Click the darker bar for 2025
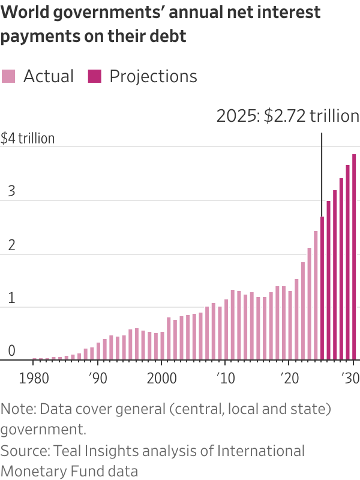click(322, 288)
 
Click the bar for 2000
click(162, 346)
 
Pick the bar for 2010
click(226, 329)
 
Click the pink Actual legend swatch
click(8, 76)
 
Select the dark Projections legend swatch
click(95, 76)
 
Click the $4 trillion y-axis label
click(28, 139)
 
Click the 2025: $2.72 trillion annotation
click(287, 116)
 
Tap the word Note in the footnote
click(16, 409)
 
